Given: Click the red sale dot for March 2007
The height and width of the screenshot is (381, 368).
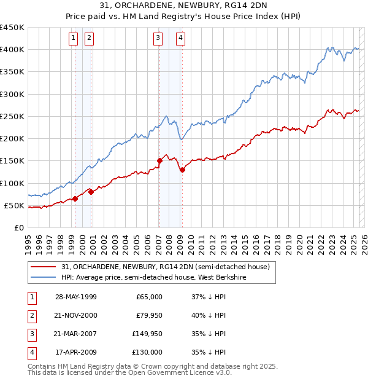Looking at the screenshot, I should tap(159, 161).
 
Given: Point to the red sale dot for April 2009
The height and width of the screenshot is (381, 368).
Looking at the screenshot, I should tap(182, 170).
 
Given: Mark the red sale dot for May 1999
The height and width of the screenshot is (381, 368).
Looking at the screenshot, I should tap(75, 198).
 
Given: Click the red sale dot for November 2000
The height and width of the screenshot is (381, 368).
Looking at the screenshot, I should tap(91, 192).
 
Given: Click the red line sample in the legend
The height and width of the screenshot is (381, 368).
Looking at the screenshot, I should tap(44, 267).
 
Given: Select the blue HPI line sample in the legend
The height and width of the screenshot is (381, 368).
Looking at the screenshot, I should tap(44, 278).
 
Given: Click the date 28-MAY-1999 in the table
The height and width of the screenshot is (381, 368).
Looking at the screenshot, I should tap(76, 297).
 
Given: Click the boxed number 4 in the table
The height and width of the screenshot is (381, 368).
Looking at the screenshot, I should tap(31, 353).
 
